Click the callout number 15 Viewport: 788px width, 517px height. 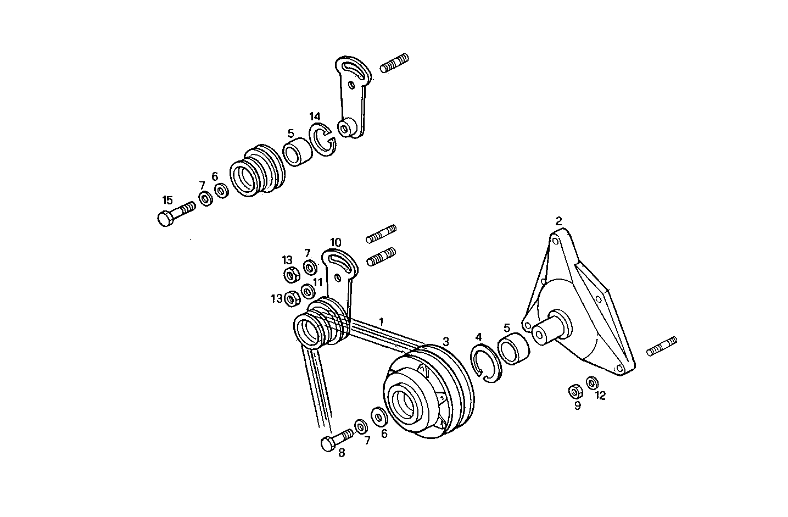[167, 200]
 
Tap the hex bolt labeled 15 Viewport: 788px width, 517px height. [175, 213]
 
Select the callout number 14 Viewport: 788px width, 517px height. [314, 116]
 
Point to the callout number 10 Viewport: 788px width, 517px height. [336, 242]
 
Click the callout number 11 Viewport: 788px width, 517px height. [317, 282]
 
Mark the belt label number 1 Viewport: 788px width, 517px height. [381, 321]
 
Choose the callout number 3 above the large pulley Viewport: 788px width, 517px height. [446, 341]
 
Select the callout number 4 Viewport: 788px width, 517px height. [478, 337]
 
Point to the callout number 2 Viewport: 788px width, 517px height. [558, 221]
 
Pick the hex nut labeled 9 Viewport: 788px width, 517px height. [575, 391]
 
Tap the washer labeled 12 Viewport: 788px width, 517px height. [592, 382]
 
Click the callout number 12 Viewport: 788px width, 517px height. [600, 396]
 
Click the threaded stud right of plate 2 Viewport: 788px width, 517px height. [662, 346]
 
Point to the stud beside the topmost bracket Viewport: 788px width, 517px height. [394, 63]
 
